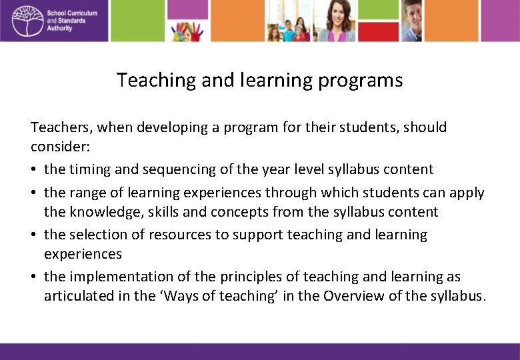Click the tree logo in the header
(x=26, y=20)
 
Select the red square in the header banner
(x=377, y=31)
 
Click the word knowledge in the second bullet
(x=102, y=212)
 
